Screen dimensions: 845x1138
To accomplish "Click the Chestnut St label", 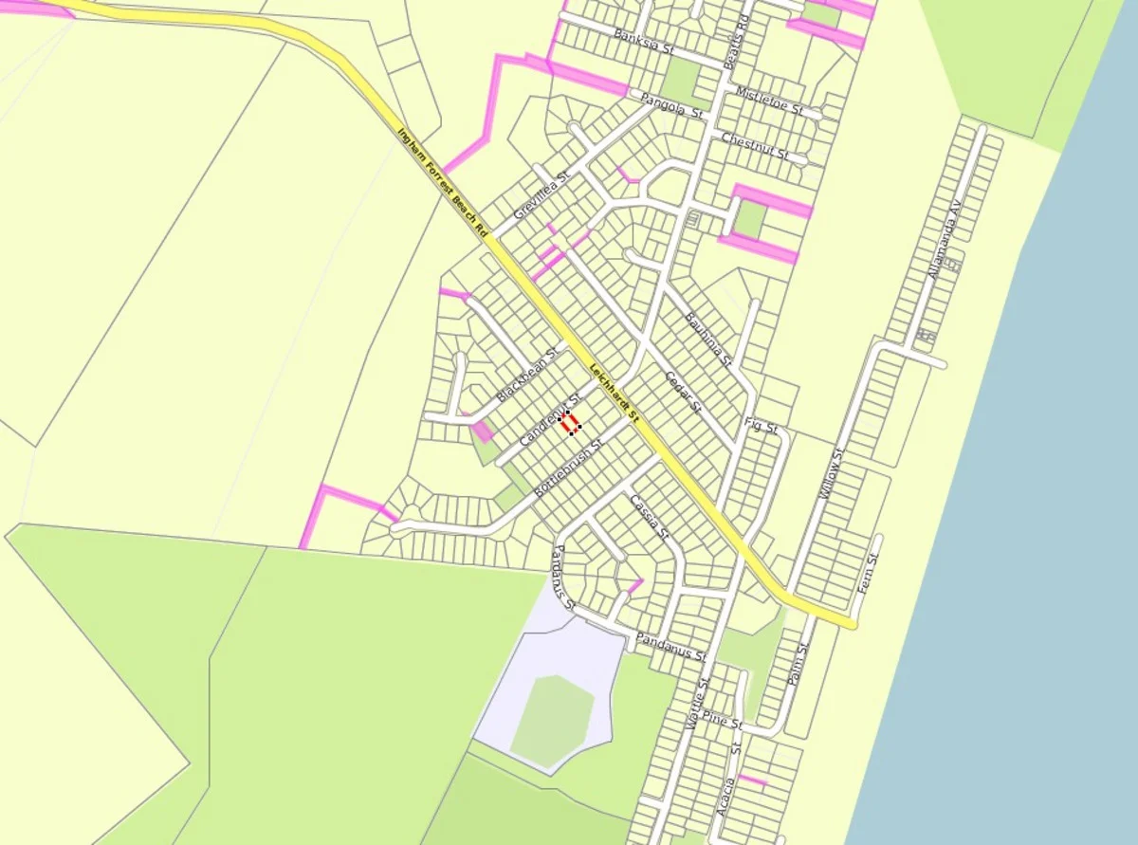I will (754, 146).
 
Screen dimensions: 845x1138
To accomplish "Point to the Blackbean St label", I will (528, 374).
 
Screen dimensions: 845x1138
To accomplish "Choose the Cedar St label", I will (682, 392).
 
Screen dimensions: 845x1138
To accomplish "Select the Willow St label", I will (832, 473).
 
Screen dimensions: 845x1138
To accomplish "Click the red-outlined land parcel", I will (570, 423).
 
